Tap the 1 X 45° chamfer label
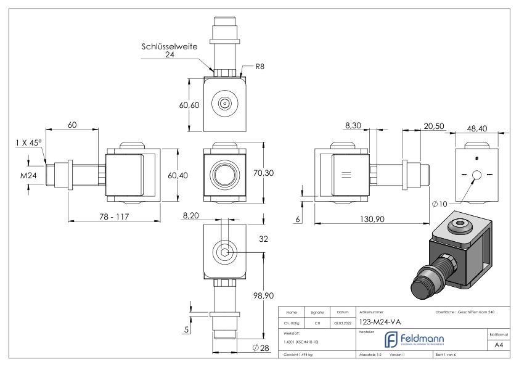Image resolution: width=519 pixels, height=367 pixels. pos(28,142)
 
